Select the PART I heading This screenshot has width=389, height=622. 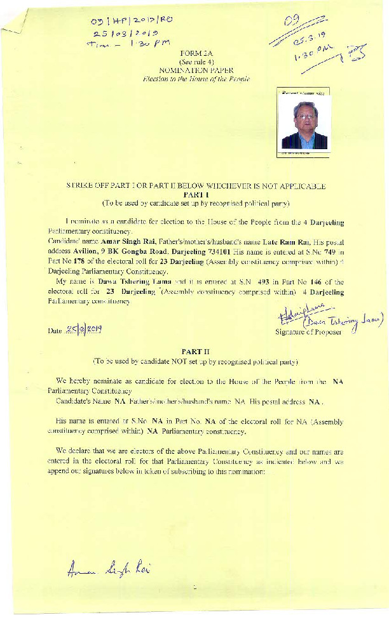(x=194, y=195)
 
